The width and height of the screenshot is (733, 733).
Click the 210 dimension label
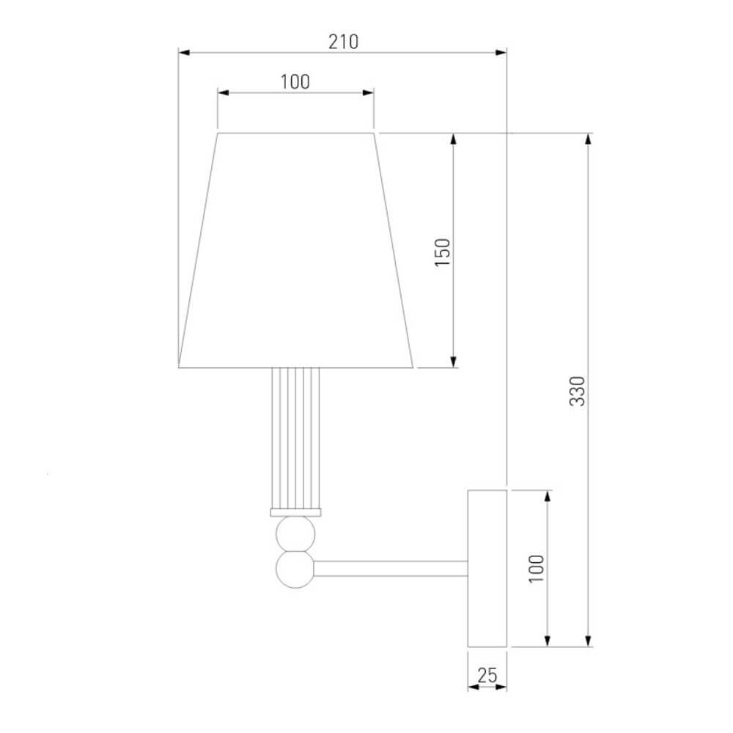(x=344, y=42)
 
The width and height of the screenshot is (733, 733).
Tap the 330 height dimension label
(x=578, y=391)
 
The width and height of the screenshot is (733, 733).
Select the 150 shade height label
(x=443, y=252)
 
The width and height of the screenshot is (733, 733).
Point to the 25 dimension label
(x=487, y=675)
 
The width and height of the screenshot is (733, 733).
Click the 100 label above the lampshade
(x=295, y=82)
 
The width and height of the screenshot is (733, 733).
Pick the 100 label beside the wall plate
(x=537, y=569)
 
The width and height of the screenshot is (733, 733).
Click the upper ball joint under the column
(x=295, y=534)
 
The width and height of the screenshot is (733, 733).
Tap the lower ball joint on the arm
(x=295, y=570)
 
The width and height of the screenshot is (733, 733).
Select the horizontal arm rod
(x=391, y=569)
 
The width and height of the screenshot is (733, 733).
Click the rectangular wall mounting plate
(x=487, y=569)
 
